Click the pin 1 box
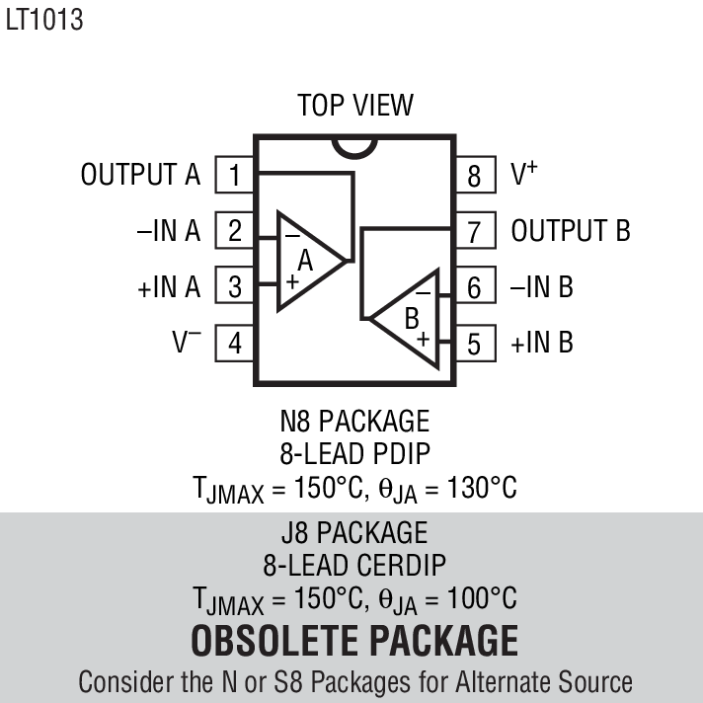(x=235, y=176)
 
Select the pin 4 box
(x=235, y=344)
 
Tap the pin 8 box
(x=475, y=176)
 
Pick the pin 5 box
(x=475, y=344)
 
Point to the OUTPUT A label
(x=140, y=176)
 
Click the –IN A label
(x=168, y=231)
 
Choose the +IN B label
(x=542, y=344)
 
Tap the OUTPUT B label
(x=571, y=231)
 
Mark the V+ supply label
(x=524, y=175)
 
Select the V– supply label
(x=187, y=343)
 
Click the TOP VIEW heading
(x=355, y=105)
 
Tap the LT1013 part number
(x=43, y=21)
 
